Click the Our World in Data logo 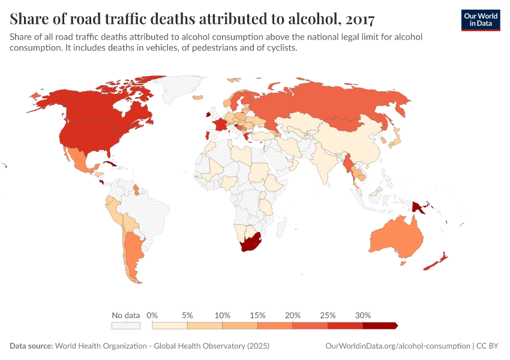click(480, 20)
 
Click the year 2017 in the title click(359, 19)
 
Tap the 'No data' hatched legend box click(125, 325)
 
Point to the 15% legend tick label click(257, 315)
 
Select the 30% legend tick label click(363, 315)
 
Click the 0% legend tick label click(152, 315)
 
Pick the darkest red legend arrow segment click(380, 325)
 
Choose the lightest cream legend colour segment click(170, 325)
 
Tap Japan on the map click(395, 139)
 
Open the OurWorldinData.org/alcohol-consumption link click(397, 346)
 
